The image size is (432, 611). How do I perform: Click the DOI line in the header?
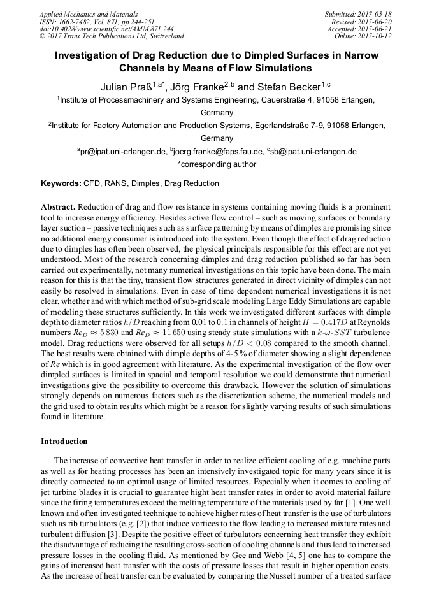tap(106, 29)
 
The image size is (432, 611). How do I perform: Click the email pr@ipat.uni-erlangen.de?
tap(120, 152)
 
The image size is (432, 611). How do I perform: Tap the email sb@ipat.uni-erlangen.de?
tap(313, 152)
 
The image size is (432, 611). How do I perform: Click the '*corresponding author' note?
tap(216, 164)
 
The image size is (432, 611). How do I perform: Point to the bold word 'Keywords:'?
tap(61, 183)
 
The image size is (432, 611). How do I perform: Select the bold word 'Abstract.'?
tap(59, 208)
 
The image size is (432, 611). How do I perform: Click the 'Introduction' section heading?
tap(64, 442)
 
